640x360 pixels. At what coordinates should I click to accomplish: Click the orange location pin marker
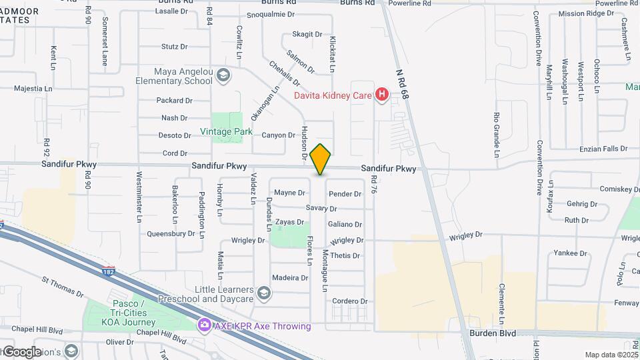click(320, 159)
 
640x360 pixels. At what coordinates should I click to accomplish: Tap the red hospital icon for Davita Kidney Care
click(382, 95)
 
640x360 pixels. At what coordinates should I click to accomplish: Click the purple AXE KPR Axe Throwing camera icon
click(204, 326)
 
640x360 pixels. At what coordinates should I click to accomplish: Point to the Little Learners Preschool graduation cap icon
click(264, 293)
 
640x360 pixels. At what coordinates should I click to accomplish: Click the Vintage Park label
click(227, 131)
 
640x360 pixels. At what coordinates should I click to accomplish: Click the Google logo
click(21, 352)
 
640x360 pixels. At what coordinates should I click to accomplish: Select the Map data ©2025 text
click(611, 355)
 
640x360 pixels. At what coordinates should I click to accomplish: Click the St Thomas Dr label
click(62, 287)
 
